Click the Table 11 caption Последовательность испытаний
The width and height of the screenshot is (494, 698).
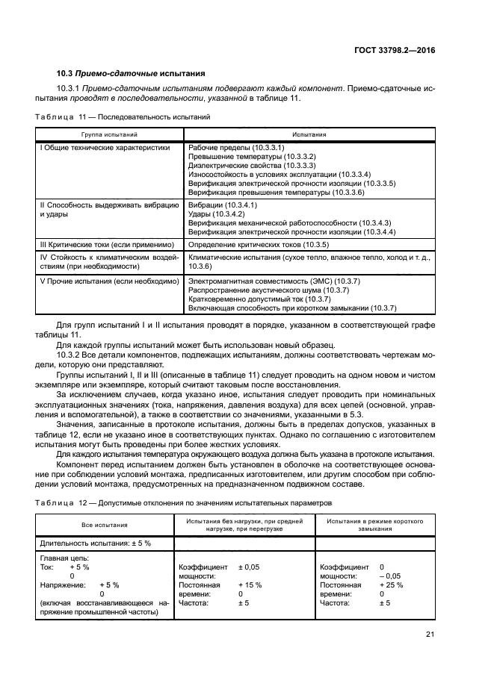[123, 117]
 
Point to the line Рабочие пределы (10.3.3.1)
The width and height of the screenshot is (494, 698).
[231, 148]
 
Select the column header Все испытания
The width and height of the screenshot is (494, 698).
[104, 525]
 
